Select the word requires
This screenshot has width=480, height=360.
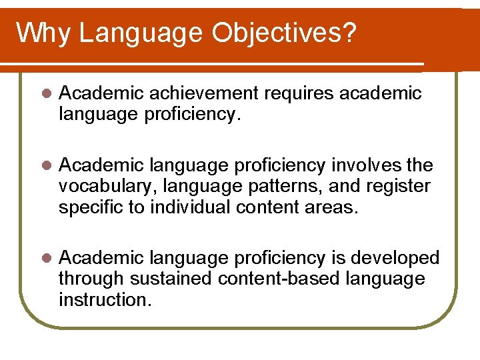299,93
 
